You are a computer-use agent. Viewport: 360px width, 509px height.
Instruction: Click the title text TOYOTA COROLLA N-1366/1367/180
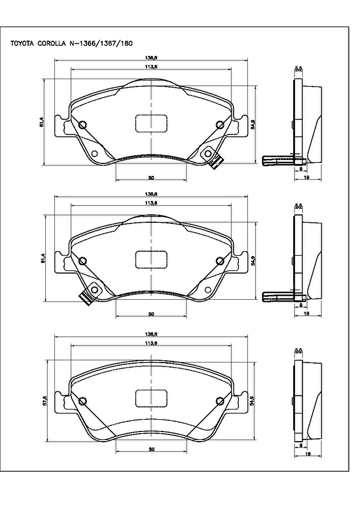[71, 43]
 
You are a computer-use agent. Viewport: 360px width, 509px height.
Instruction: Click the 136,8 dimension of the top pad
[151, 58]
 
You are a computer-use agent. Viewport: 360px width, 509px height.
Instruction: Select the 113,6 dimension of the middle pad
[151, 203]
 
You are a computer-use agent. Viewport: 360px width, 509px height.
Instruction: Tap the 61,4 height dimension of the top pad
[41, 122]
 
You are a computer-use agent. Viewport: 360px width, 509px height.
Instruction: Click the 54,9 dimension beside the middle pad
[254, 261]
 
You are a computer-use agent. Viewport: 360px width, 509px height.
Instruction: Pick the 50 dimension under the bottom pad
[151, 449]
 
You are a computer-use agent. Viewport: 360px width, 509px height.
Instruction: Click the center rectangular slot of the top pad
[151, 123]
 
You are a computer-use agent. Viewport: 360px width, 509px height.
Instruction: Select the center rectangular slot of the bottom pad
[151, 399]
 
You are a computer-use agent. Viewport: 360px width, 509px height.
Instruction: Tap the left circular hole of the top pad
[82, 125]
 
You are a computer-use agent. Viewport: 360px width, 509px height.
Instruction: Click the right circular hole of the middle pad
[220, 261]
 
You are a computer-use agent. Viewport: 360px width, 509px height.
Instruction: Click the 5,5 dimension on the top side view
[298, 68]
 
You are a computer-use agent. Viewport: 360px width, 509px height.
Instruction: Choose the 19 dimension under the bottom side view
[305, 454]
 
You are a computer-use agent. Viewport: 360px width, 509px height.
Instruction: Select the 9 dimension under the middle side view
[300, 306]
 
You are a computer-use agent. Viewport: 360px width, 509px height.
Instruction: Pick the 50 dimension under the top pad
[151, 178]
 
